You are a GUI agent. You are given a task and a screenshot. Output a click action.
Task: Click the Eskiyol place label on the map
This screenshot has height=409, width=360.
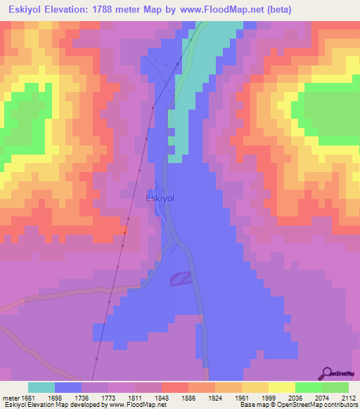pos(159,198)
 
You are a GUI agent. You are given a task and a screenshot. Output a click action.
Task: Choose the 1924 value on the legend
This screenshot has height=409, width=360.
pos(214,397)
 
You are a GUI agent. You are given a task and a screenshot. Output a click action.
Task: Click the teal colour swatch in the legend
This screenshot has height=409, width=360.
pos(41,387)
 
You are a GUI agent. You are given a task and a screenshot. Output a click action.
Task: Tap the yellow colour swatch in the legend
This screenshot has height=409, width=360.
pos(281,387)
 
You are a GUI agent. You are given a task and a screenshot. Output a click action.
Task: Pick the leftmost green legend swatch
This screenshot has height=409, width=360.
pos(308,387)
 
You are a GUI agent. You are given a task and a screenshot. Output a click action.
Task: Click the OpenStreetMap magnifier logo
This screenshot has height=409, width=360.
pos(326,372)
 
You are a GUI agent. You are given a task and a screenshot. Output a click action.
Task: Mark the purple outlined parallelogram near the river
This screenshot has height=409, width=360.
pos(181,279)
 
